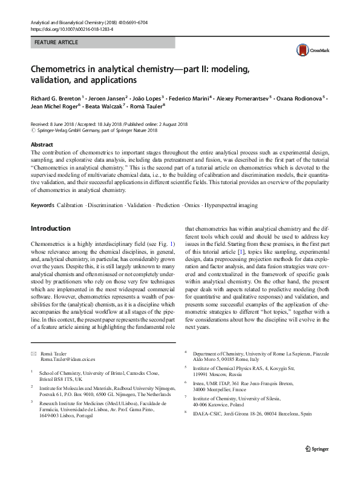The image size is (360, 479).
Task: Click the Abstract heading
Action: click(42, 145)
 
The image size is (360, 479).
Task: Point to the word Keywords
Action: click(42, 205)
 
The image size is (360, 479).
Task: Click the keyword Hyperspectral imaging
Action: click(231, 205)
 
